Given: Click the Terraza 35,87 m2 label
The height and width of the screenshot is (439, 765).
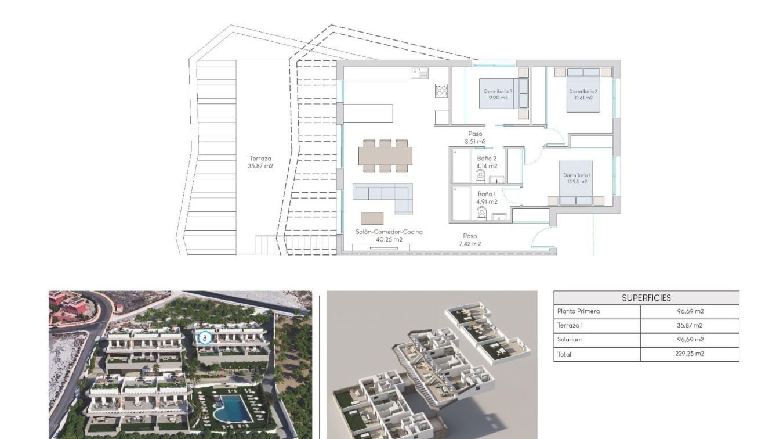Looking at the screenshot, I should (260, 162).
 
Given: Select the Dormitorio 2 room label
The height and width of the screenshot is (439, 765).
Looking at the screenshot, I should (583, 95).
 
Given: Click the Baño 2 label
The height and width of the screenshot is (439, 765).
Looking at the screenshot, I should (487, 162).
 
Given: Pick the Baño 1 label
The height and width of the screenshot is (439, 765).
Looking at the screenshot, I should (487, 198).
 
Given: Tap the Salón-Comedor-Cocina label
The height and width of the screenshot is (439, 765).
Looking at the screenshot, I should (389, 235).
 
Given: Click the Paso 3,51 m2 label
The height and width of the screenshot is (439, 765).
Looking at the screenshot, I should (475, 138).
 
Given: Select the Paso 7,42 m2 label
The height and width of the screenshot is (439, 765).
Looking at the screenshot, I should (470, 240).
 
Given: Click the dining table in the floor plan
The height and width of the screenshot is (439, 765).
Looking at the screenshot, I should (385, 156).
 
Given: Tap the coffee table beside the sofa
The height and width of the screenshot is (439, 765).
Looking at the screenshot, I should (372, 218).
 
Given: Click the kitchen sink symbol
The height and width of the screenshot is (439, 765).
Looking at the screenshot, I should (419, 73).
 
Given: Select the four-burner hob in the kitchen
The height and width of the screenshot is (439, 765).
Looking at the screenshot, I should (441, 90).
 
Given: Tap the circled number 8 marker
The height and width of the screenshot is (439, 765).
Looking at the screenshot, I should (204, 337).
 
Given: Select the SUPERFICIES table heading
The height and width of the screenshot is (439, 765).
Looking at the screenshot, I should (646, 298).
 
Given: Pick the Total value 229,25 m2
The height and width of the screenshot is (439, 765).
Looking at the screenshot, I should (689, 354).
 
